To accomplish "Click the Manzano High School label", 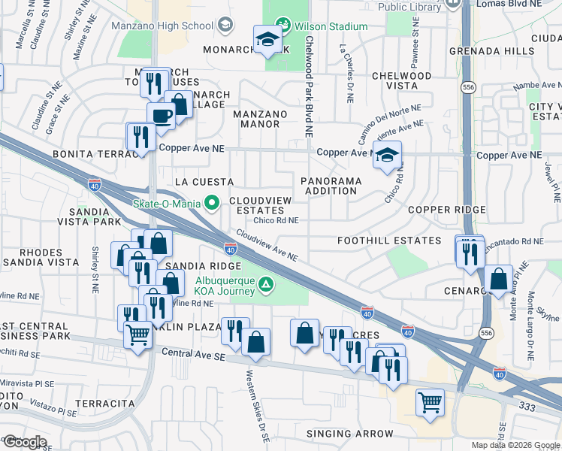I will click(162, 26).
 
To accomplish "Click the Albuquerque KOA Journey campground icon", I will click(265, 284).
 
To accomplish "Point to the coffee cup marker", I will click(161, 117).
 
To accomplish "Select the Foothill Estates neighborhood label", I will click(388, 241).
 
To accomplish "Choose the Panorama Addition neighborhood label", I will click(331, 186).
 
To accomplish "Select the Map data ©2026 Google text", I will click(515, 445).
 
